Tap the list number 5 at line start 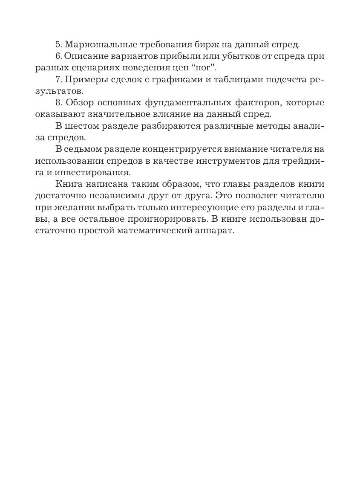58,44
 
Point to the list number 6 58,56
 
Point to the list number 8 58,103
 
